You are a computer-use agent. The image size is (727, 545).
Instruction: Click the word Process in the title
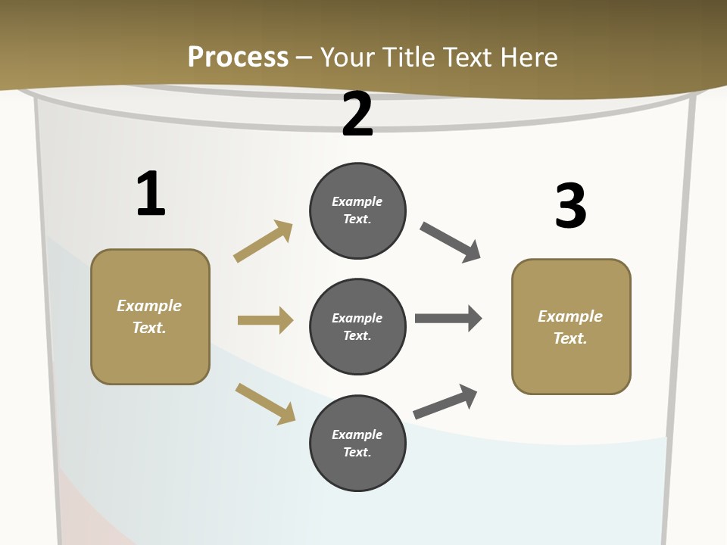click(x=238, y=58)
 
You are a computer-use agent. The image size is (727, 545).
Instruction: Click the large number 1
click(x=151, y=194)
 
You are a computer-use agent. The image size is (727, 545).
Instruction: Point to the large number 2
click(x=357, y=115)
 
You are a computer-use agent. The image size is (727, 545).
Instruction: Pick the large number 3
click(x=570, y=206)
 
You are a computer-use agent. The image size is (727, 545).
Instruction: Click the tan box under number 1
click(x=150, y=316)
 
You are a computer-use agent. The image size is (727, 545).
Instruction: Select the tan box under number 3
click(x=571, y=326)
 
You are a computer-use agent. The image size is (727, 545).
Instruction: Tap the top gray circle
click(x=357, y=210)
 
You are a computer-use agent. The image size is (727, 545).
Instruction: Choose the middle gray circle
click(x=357, y=326)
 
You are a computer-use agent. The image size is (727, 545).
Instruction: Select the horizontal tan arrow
click(x=265, y=320)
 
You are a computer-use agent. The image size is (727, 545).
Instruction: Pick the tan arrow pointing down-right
click(x=265, y=403)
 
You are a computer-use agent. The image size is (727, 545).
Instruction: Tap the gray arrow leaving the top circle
click(x=451, y=242)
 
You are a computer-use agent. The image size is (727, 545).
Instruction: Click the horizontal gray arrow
click(x=448, y=319)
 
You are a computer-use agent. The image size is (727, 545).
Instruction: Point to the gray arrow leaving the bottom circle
click(x=445, y=402)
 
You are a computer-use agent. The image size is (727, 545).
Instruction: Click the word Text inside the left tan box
click(x=148, y=328)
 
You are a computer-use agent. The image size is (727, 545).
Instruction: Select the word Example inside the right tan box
click(x=570, y=316)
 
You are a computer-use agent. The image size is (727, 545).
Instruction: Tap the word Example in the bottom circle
click(x=357, y=434)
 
